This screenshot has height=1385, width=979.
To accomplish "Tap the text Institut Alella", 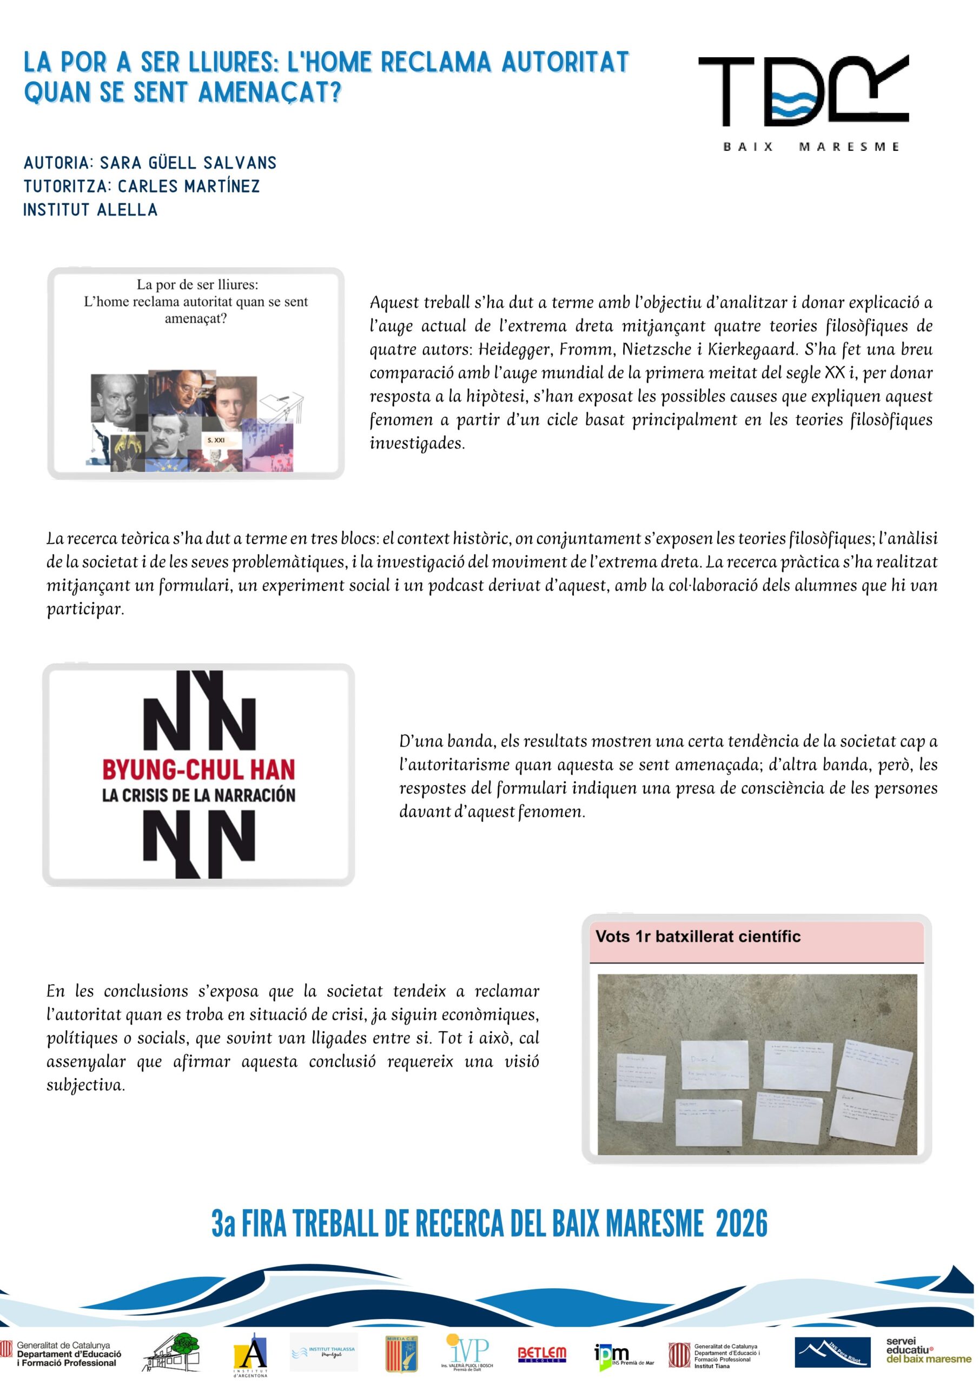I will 90,210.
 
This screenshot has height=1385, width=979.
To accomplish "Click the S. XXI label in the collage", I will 216,440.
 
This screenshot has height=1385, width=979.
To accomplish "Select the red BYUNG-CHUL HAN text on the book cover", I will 199,770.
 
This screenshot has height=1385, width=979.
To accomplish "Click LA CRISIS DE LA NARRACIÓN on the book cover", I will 199,795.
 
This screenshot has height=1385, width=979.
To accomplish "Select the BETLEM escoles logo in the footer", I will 541,1354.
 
